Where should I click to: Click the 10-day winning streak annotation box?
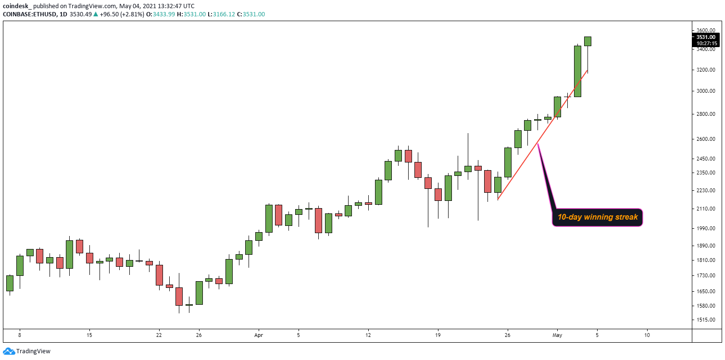tap(597, 217)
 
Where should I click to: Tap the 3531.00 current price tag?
tap(706, 37)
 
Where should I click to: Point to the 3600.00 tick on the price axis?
tap(706, 30)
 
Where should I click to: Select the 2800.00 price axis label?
tap(706, 114)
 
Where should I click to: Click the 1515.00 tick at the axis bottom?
tap(706, 320)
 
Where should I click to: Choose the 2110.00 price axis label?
tap(706, 209)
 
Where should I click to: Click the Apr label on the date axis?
tap(259, 335)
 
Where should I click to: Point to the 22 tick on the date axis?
tap(159, 335)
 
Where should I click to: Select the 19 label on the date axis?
tap(437, 335)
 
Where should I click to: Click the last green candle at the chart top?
tap(587, 41)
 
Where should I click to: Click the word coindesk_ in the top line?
tap(18, 5)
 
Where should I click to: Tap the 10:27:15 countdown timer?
tap(706, 43)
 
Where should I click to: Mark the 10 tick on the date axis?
tap(647, 335)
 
